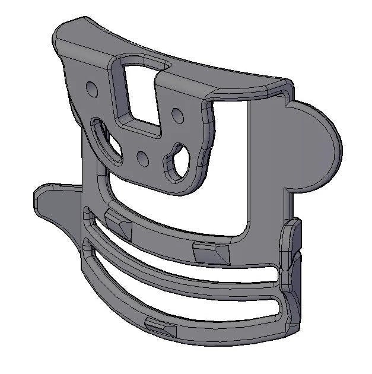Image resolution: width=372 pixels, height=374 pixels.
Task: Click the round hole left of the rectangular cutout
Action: pyautogui.click(x=91, y=89)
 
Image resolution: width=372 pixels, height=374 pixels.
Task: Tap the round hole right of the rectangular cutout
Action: pyautogui.click(x=177, y=112)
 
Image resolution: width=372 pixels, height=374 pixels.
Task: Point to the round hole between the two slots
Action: pyautogui.click(x=142, y=159)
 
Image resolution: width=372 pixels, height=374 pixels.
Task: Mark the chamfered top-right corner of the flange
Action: pyautogui.click(x=281, y=84)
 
